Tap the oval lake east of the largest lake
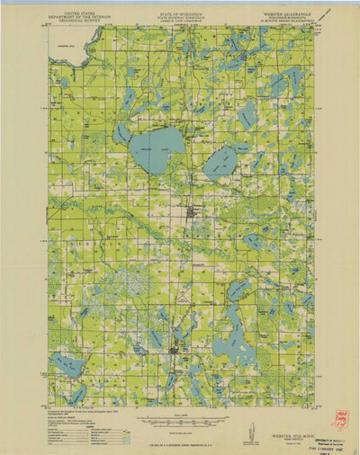pos(220,163)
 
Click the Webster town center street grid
pos(192,213)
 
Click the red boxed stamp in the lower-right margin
pos(340,419)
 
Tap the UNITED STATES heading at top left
pos(76,12)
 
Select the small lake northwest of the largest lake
pos(121,132)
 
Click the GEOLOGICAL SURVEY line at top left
pos(76,22)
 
